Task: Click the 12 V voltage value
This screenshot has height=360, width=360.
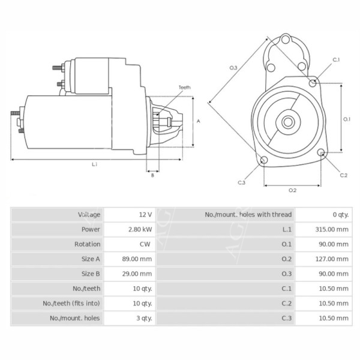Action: point(146,214)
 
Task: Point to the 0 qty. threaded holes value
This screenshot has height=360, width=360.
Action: point(340,214)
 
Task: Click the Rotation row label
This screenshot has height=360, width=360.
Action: point(87,244)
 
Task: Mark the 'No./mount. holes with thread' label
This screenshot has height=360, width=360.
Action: point(248,214)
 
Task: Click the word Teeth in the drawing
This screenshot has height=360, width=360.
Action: point(184,88)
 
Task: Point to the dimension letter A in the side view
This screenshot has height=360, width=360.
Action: point(199,121)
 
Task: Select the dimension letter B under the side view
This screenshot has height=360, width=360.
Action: point(152,175)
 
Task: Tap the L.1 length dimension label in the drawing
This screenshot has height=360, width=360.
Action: point(95,163)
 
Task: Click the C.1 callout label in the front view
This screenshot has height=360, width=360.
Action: point(336,60)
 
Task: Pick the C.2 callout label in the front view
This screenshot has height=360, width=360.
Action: point(344,175)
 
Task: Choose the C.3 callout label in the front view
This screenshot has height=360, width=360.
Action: point(241,182)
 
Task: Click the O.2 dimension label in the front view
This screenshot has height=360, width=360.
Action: point(292,190)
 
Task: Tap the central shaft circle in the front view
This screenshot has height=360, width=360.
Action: point(288,123)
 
